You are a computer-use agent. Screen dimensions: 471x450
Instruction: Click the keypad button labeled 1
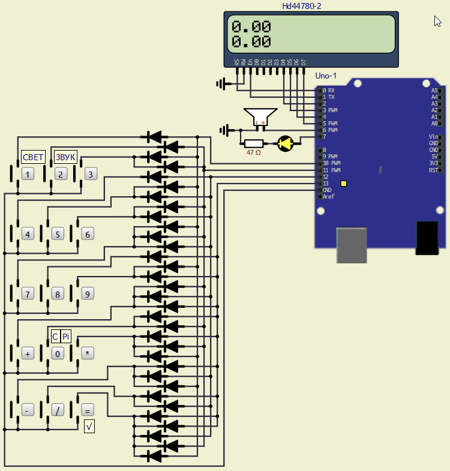click(x=28, y=174)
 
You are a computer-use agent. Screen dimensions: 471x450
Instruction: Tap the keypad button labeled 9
click(x=88, y=294)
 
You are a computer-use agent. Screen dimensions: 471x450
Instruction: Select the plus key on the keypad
click(x=28, y=354)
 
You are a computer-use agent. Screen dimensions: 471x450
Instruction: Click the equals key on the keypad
click(x=88, y=411)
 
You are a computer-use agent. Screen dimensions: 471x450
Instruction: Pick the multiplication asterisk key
click(x=88, y=354)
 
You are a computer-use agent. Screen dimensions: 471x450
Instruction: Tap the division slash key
click(x=58, y=411)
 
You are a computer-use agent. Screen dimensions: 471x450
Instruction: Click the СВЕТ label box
click(x=33, y=157)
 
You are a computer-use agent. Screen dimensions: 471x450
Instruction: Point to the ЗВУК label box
click(x=65, y=157)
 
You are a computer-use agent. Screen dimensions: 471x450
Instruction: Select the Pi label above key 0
click(x=66, y=337)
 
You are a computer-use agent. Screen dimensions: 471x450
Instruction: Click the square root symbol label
click(x=89, y=427)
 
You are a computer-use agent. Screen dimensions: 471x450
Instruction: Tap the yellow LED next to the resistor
click(x=285, y=143)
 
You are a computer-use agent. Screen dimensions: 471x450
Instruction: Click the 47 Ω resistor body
click(x=254, y=143)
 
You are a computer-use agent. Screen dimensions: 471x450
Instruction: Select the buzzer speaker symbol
click(x=260, y=116)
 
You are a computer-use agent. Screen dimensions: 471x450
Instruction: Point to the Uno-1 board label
click(x=326, y=76)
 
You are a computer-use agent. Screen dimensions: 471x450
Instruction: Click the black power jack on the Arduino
click(x=427, y=237)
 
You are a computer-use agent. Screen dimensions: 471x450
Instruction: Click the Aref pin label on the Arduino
click(x=329, y=197)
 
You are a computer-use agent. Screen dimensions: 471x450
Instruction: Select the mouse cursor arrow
click(x=438, y=22)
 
